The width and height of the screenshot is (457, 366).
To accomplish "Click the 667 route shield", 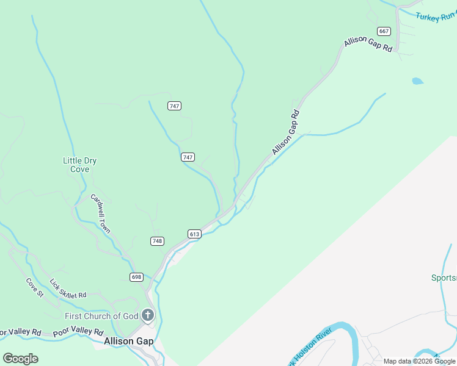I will (x=384, y=31).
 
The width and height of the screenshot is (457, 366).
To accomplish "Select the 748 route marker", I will (x=157, y=241).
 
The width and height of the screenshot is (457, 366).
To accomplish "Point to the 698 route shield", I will (x=136, y=277).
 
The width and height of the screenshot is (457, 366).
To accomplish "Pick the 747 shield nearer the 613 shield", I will (x=188, y=157).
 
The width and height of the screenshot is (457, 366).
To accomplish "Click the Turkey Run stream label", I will (x=436, y=17).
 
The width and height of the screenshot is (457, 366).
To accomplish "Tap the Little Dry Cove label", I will (x=80, y=165).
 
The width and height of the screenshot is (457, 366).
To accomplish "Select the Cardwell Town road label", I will (x=100, y=213).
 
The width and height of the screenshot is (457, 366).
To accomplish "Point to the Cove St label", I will (x=35, y=288).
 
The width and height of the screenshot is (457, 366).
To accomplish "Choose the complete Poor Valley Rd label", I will (x=78, y=332).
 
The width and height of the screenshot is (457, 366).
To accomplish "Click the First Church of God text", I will (x=102, y=316).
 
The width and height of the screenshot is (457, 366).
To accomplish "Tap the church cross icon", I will (x=147, y=315).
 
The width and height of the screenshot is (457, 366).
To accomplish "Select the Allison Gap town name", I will (x=128, y=342).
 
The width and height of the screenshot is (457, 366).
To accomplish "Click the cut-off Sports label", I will (x=444, y=278).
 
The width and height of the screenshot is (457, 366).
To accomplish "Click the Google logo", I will (x=20, y=358).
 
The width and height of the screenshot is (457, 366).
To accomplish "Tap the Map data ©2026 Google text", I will (x=419, y=361).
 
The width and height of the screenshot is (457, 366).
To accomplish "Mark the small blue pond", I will (x=418, y=81).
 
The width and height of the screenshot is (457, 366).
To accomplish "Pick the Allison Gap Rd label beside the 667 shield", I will (x=368, y=44).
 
